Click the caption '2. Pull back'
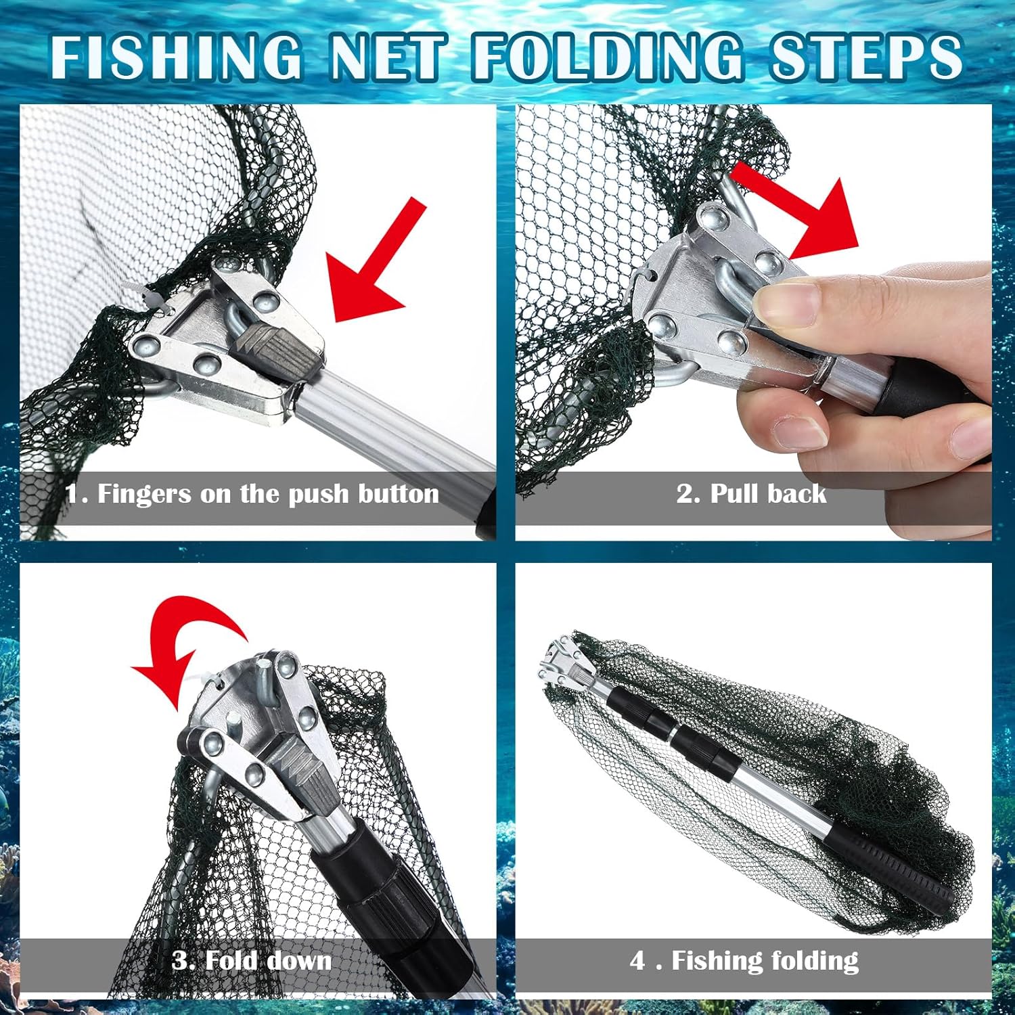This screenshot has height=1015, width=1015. (x=751, y=494)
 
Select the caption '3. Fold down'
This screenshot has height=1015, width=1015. (x=252, y=960)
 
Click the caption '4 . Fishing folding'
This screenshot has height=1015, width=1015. (x=744, y=960)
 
